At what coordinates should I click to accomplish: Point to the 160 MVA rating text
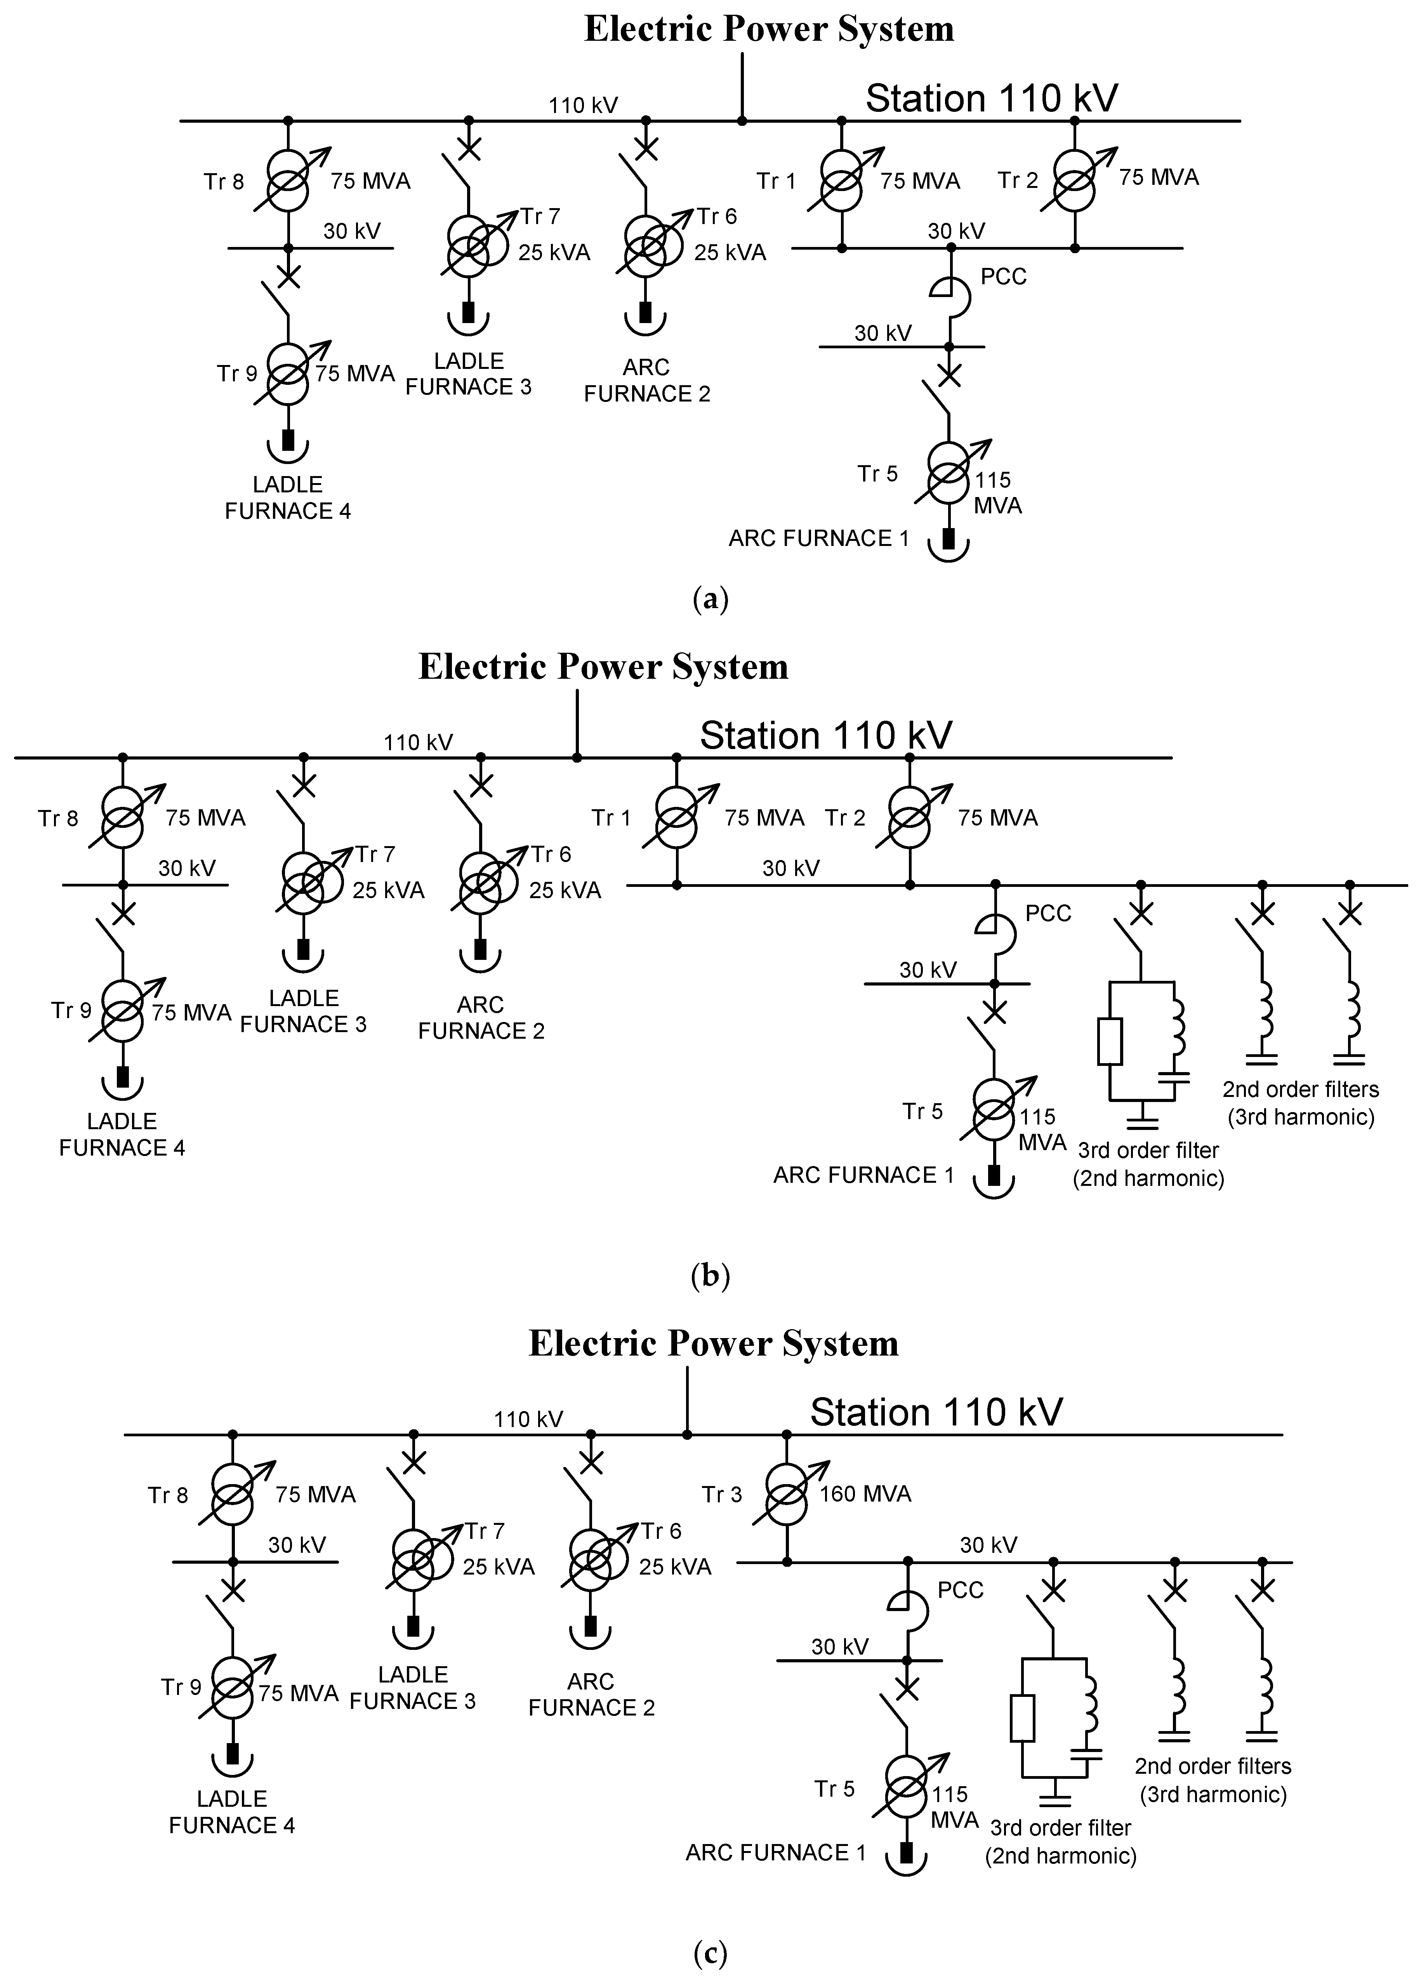(x=865, y=1493)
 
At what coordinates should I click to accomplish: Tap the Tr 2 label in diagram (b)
(x=844, y=817)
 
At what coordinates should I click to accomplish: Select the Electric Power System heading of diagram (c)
(x=713, y=1344)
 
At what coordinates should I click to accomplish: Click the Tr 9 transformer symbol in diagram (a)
(x=288, y=375)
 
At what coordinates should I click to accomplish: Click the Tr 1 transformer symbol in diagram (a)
(x=842, y=181)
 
